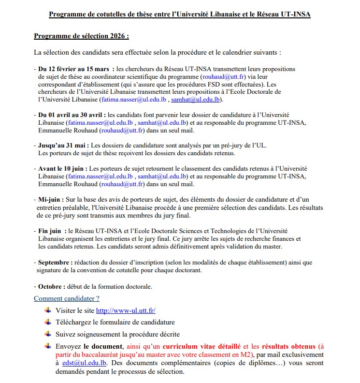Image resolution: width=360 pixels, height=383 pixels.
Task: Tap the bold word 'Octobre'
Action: [51, 286]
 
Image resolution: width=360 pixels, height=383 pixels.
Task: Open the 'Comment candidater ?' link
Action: [67, 298]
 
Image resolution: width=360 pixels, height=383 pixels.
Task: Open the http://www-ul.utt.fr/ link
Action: [126, 310]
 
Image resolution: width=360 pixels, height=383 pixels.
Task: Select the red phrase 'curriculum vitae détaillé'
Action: [202, 346]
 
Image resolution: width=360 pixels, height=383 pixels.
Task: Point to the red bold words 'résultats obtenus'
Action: [289, 346]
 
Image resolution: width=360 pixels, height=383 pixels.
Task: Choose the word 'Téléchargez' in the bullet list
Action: [75, 322]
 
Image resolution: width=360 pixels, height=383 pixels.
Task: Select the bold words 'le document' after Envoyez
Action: [104, 346]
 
